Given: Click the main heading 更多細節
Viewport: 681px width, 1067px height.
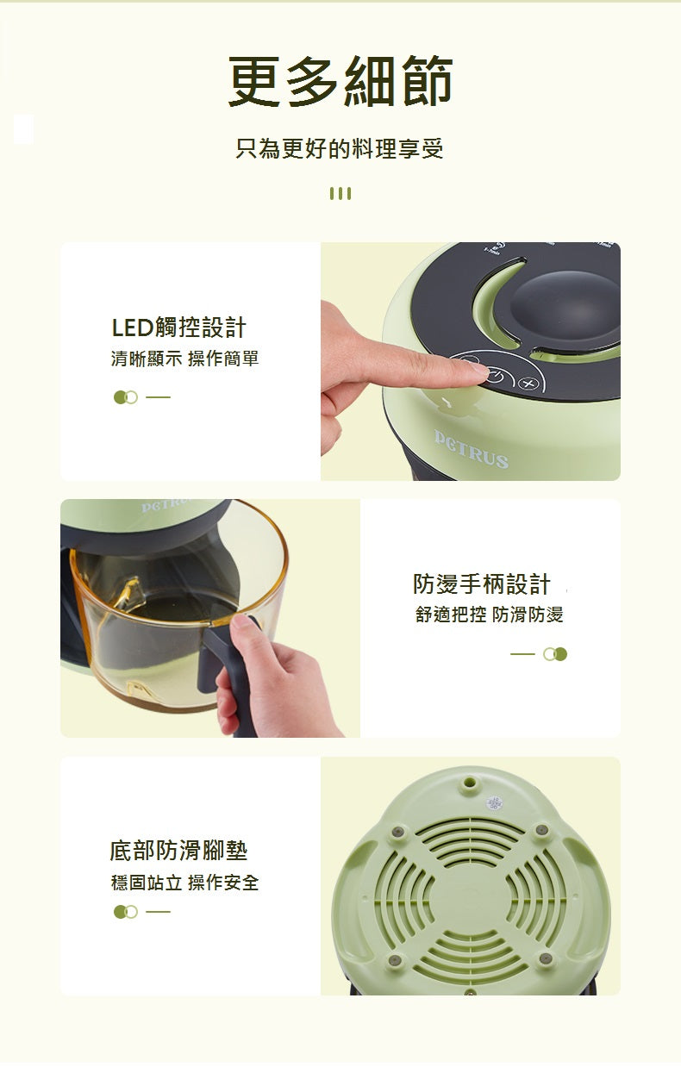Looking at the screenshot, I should pos(340,83).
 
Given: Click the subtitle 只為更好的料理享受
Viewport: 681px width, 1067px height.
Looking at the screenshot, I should pos(340,148).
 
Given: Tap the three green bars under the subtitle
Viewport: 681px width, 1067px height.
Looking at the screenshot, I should pos(340,193).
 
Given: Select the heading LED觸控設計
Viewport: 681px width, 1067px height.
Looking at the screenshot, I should pos(178,328).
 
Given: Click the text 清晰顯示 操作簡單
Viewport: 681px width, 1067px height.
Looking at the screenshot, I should pos(184,359).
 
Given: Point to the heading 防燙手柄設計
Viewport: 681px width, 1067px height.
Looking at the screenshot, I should pos(481,584).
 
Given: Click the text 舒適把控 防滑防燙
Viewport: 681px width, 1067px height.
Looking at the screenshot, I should pos(489,615).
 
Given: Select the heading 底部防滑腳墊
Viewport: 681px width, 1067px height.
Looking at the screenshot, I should pos(178,851).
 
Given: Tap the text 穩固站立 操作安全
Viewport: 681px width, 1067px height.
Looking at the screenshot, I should pos(184,882).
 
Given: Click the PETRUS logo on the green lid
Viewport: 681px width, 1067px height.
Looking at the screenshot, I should pos(471,449).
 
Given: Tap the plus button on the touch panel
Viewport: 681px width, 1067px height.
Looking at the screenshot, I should pos(528,384).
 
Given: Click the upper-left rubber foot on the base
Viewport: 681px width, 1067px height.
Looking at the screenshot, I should pos(397,832).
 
